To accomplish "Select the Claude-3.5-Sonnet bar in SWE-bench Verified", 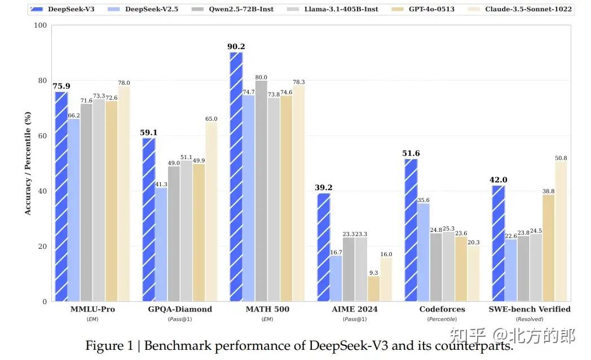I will (x=561, y=231).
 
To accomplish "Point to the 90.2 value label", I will (x=236, y=47).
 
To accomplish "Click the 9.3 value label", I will (x=373, y=272).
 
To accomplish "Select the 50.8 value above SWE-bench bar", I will (x=561, y=158).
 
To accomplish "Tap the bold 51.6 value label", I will (x=411, y=153).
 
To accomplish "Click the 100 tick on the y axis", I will (x=40, y=25).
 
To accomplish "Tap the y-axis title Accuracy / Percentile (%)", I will (x=28, y=164).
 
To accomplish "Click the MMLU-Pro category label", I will (x=92, y=309).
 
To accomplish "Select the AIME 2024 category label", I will (x=355, y=309).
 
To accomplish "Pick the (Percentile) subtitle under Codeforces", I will (x=442, y=319).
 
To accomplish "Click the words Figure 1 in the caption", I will (x=109, y=345).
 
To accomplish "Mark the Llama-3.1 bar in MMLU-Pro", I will (x=99, y=200).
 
